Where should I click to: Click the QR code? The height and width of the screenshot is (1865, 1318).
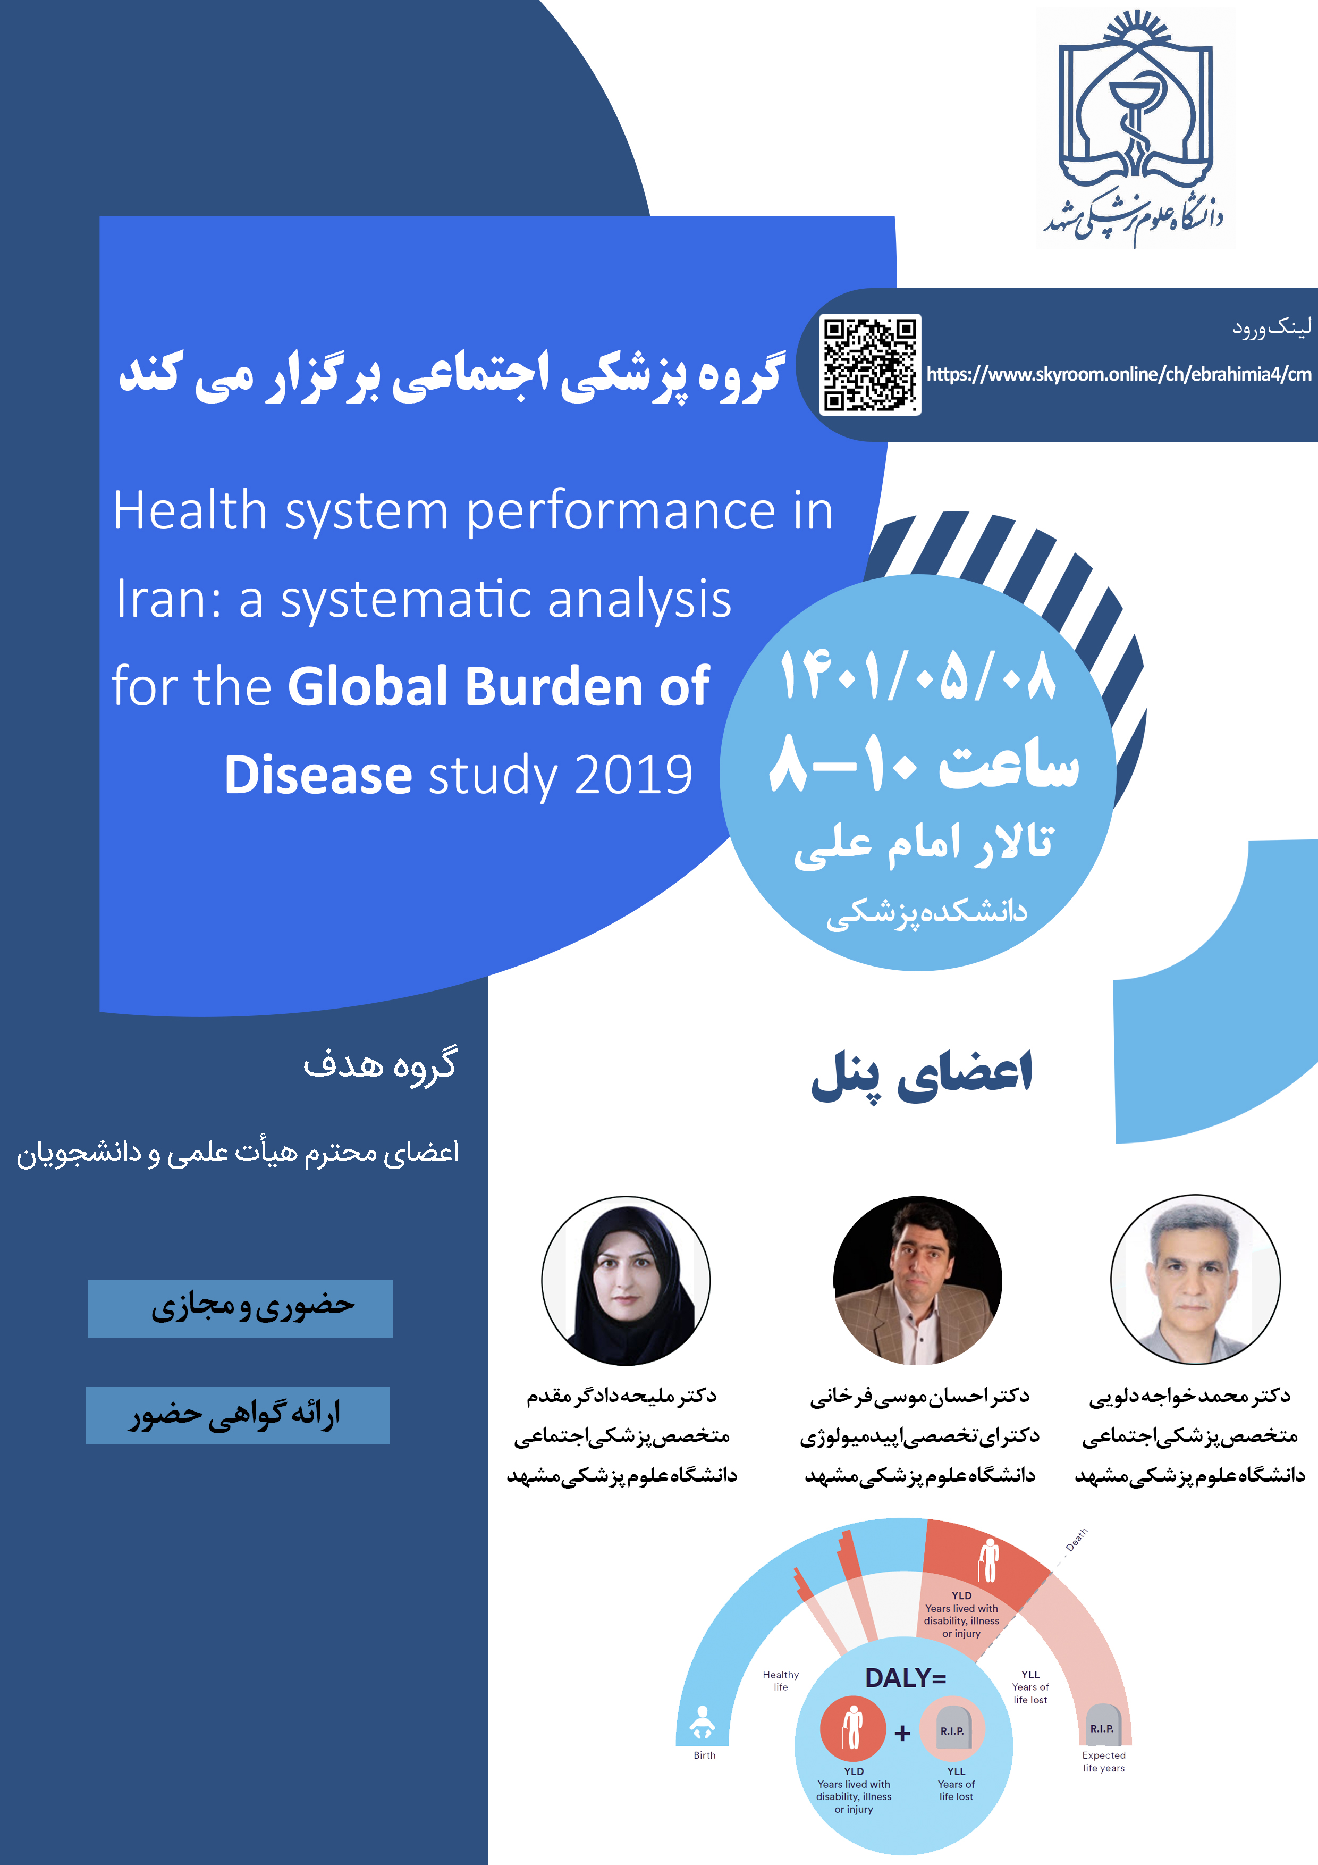click(870, 365)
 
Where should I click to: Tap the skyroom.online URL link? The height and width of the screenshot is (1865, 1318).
click(1119, 374)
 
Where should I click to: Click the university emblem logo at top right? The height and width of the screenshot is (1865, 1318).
click(1135, 128)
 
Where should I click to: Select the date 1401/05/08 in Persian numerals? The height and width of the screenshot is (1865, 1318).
click(918, 676)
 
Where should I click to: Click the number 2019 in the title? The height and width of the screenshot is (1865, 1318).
click(633, 775)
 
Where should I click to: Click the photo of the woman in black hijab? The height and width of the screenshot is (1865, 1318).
click(626, 1280)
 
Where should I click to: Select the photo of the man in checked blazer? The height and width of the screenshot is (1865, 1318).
click(918, 1280)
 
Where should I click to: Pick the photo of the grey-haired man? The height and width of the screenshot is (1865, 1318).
click(1195, 1279)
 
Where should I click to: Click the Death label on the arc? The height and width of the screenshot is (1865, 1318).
click(1077, 1539)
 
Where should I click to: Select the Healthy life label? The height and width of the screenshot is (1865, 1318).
click(780, 1681)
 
